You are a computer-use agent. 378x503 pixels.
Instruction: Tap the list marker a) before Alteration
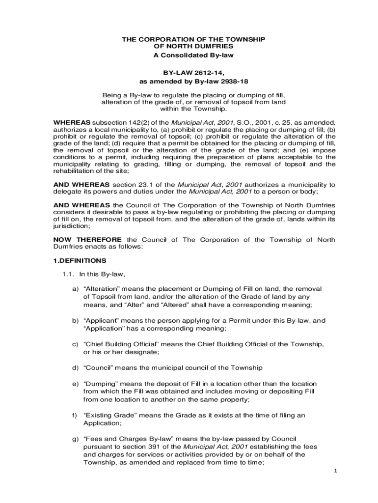tap(75, 288)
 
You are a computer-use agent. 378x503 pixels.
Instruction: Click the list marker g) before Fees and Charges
tap(75, 438)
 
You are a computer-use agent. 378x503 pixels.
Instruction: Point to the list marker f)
tap(74, 415)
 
